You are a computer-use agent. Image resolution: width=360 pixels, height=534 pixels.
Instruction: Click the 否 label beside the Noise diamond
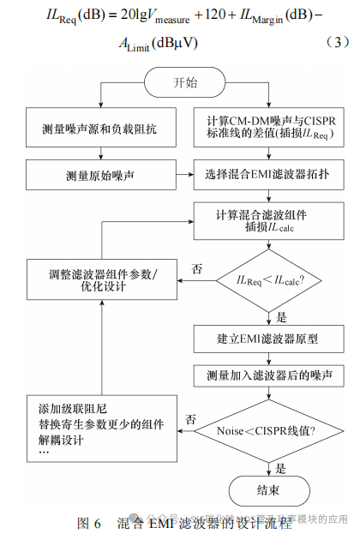pyautogui.click(x=191, y=420)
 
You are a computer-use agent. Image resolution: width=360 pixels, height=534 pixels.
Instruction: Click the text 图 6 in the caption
pyautogui.click(x=89, y=522)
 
